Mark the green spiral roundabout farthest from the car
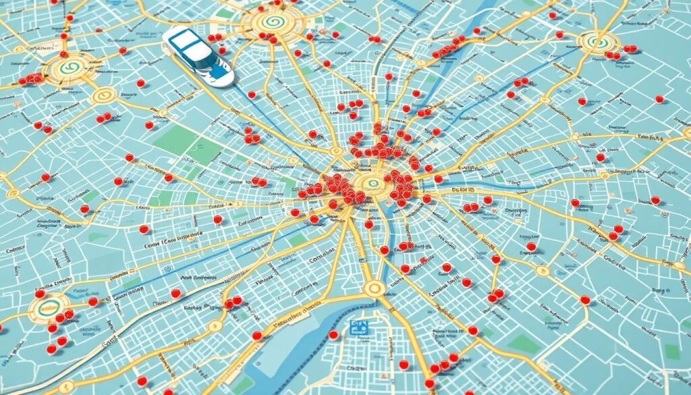pos(598,41)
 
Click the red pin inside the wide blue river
pos(333,335)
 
